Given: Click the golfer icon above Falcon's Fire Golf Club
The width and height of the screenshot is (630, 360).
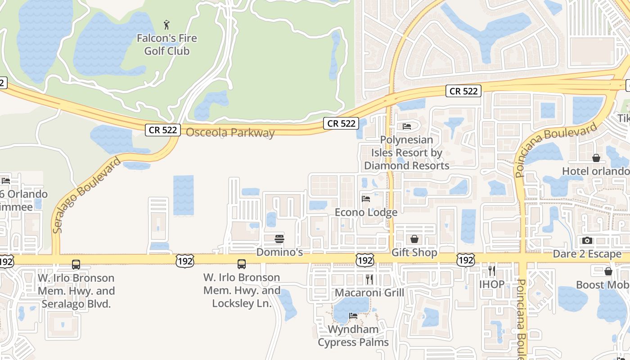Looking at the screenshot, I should pos(167,24).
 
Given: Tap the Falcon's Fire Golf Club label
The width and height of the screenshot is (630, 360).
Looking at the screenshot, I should pos(167,45).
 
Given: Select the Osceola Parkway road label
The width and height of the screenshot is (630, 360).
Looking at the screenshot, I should pos(230,133).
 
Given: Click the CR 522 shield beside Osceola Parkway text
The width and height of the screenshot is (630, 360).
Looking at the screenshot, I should pos(163,130).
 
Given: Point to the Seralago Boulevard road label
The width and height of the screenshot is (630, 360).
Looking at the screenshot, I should pos(86,195).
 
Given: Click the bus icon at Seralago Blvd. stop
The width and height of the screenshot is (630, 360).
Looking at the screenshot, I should pos(76,265).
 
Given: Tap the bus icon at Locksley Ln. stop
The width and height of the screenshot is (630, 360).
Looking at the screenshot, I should pos(242,264).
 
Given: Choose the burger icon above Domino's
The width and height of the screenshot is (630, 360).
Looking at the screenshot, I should pos(279,238).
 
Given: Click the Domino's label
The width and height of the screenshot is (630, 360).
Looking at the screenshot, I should pos(279,252).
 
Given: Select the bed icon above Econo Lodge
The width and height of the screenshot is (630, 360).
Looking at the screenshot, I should pos(366,198).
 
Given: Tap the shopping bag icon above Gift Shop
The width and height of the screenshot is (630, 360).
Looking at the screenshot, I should pos(414,239).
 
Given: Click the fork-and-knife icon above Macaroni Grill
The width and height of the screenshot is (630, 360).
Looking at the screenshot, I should pos(369,279).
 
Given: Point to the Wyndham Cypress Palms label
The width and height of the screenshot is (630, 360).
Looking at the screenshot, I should pos(353,336).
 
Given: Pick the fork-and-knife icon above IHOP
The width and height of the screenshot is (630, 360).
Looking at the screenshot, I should pos(492,270).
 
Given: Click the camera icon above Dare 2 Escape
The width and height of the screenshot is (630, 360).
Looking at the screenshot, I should pos(587,241).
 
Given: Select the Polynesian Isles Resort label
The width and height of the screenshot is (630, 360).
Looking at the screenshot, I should pos(407,153).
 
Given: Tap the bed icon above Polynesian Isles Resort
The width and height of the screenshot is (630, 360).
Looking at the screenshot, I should pos(407,126).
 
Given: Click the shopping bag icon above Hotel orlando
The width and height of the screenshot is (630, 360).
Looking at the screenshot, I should pos(596,158).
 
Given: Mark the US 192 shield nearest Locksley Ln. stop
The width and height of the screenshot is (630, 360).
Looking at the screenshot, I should pos(185,261).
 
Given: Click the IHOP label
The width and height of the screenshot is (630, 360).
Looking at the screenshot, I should pos(492,284).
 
